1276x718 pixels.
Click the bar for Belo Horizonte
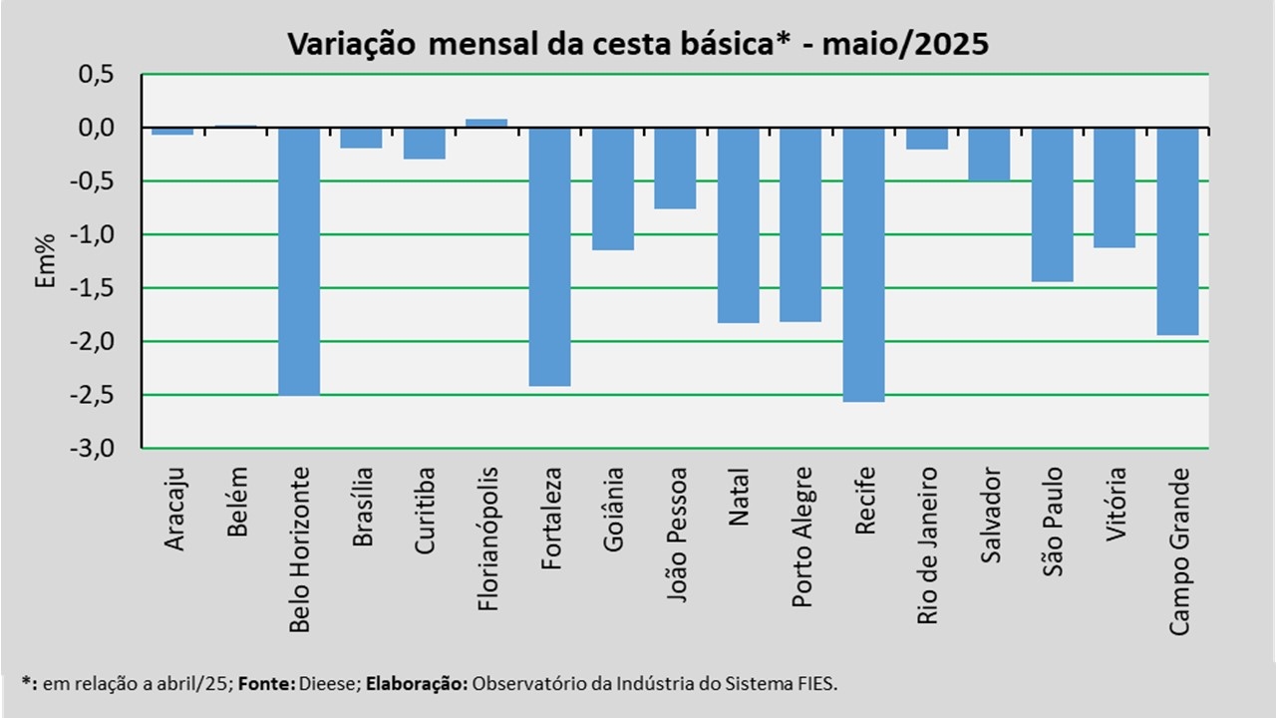point(298,261)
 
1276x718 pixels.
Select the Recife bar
point(863,264)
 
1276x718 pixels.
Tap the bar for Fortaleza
point(549,256)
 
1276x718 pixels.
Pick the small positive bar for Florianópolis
point(486,124)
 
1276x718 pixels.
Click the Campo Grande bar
point(1177,231)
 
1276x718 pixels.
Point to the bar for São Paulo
point(1052,204)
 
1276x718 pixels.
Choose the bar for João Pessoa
point(675,168)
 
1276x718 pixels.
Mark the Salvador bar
point(989,155)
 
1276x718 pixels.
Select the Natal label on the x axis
point(739,499)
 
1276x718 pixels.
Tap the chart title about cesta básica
point(637,44)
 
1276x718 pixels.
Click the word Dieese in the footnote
point(324,684)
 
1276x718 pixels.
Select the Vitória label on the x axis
point(1116,505)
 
